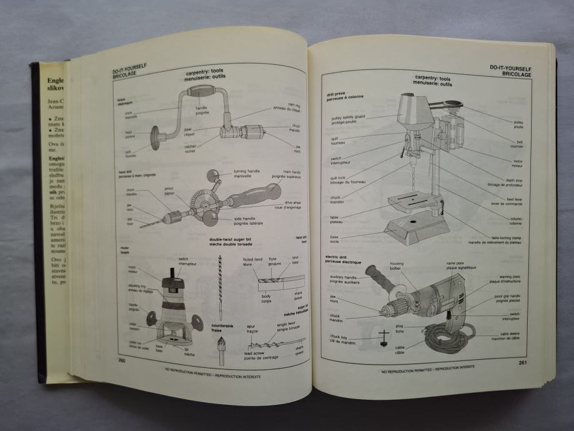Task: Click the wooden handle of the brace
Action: click(x=201, y=92)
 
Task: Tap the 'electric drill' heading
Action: click(x=343, y=259)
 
